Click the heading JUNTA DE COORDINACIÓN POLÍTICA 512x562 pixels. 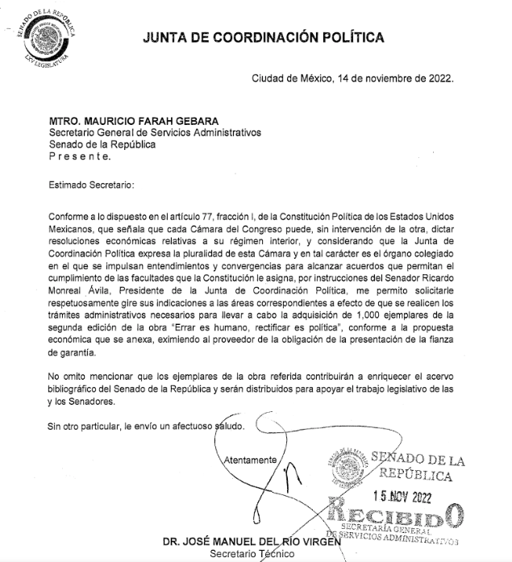coord(264,37)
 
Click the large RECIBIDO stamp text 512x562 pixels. coord(396,516)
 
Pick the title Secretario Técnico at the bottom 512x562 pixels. coord(242,554)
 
